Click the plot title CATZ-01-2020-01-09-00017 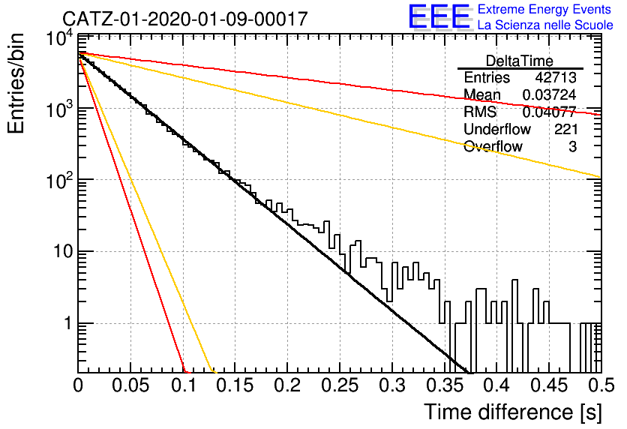(185, 19)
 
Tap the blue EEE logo (439, 16)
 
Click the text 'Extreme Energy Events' (544, 9)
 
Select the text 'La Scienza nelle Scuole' (545, 25)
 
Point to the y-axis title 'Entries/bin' (16, 83)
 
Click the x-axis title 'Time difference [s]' (513, 412)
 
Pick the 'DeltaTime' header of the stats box (519, 61)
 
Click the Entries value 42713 (556, 77)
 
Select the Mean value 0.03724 (550, 94)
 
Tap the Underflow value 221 (565, 129)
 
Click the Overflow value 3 (572, 147)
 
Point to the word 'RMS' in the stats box (480, 112)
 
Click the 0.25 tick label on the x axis (340, 385)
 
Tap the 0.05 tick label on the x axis (130, 385)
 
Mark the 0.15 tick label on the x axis (235, 385)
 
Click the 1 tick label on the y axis (68, 323)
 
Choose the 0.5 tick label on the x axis (601, 385)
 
